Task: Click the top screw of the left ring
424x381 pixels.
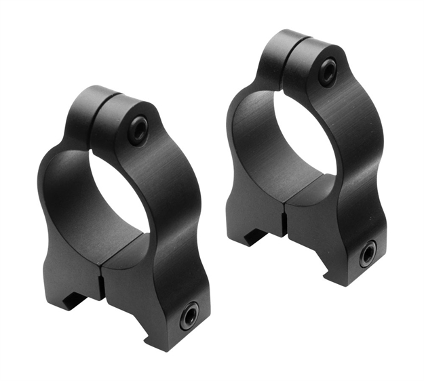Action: coord(138,129)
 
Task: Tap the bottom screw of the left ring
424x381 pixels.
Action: coord(189,316)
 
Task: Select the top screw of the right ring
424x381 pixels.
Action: coord(328,71)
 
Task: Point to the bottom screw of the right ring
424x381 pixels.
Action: coord(368,254)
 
